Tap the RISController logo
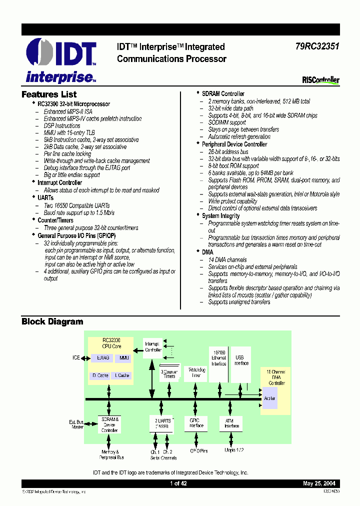pyautogui.click(x=320, y=79)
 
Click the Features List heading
pyautogui.click(x=49, y=94)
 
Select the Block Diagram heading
pyautogui.click(x=52, y=321)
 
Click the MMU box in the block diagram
pyautogui.click(x=123, y=358)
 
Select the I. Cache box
pyautogui.click(x=123, y=375)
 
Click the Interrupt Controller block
pyautogui.click(x=152, y=347)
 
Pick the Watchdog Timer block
pyautogui.click(x=195, y=372)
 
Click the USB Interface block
pyautogui.click(x=241, y=361)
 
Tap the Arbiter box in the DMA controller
pyautogui.click(x=269, y=398)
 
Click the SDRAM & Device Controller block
pyautogui.click(x=109, y=424)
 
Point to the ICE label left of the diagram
pyautogui.click(x=76, y=358)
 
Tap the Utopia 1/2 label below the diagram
pyautogui.click(x=233, y=450)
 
